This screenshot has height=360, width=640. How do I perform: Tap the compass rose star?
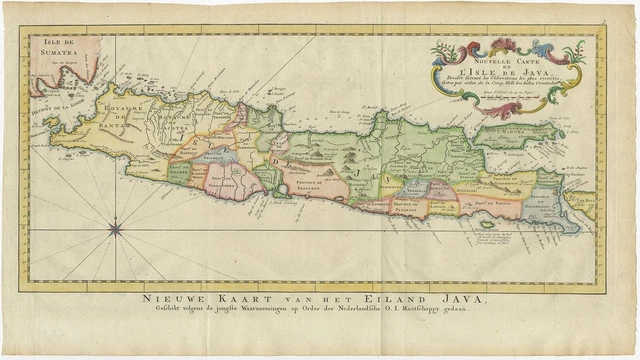115,230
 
